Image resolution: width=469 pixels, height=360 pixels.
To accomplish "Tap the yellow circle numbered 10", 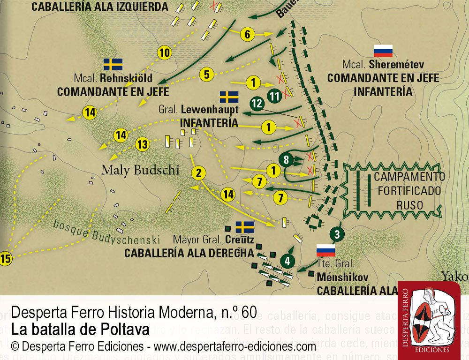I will coord(164,53).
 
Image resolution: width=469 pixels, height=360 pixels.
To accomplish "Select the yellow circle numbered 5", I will coord(207,74).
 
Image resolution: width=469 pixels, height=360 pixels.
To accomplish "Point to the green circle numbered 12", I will coord(257,104).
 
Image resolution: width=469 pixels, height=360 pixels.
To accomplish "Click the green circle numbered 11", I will coord(275,96).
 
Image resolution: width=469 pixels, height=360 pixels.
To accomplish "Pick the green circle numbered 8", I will coord(286,160).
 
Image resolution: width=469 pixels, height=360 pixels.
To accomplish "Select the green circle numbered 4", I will coord(287,261).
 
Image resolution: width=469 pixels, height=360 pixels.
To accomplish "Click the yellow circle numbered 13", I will coord(143,144).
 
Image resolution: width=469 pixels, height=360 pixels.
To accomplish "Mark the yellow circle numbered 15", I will coord(5,259).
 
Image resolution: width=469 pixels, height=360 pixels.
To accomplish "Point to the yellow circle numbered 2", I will coord(199,173).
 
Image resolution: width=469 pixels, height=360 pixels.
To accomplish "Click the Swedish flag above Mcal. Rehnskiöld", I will coord(113,64).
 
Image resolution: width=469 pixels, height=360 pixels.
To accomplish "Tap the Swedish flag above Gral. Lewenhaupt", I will coord(229,97).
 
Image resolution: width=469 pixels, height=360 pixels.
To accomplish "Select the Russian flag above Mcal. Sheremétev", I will coord(383,51).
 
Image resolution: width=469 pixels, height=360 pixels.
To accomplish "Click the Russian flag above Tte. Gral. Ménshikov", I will coord(325,250).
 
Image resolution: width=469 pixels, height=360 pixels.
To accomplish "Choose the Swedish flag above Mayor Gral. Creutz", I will coord(245,227).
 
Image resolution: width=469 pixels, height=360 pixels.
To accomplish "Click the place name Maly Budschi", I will coord(140,170).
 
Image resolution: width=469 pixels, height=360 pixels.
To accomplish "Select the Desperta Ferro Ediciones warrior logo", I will coord(429,319).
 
